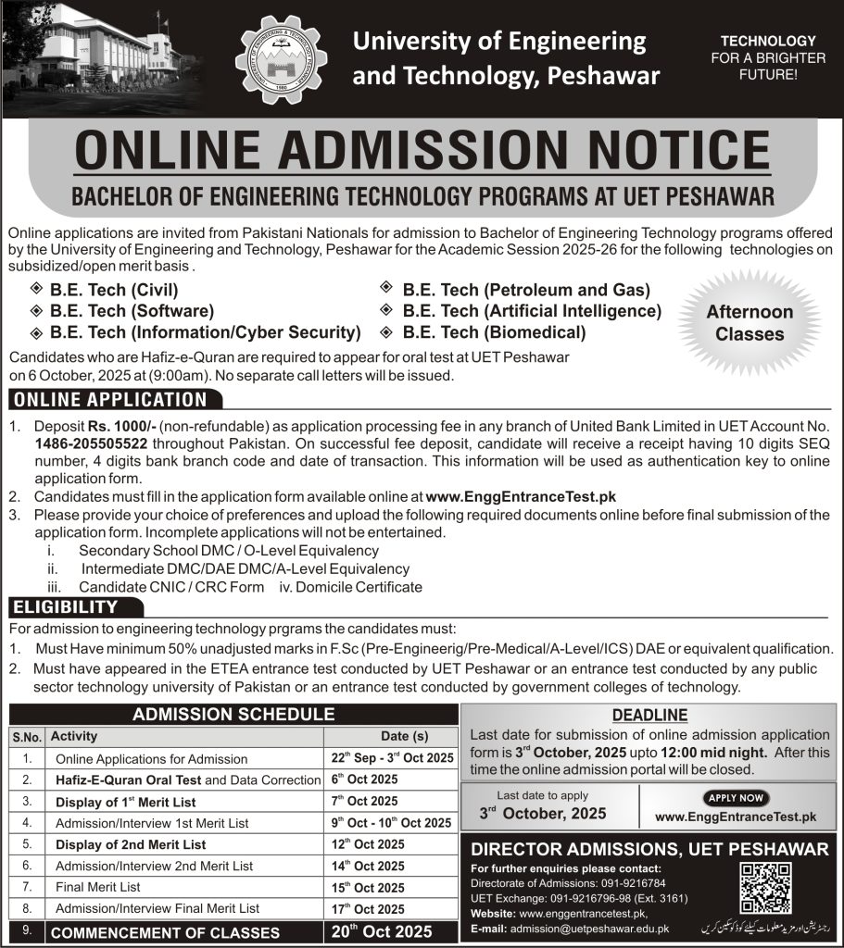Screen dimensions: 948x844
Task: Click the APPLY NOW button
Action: (737, 798)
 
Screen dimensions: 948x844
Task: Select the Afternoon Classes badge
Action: (750, 323)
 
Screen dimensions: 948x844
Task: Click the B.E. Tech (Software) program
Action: (132, 311)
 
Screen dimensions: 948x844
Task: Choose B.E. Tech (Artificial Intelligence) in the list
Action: (532, 311)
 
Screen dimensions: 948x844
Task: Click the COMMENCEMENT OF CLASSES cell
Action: (165, 933)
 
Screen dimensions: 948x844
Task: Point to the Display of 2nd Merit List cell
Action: (131, 844)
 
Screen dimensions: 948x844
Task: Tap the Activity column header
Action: (74, 737)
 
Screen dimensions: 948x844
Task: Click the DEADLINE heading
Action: (650, 715)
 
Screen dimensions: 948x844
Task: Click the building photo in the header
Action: (93, 51)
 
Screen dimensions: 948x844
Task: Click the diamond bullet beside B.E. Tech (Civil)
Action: (36, 291)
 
